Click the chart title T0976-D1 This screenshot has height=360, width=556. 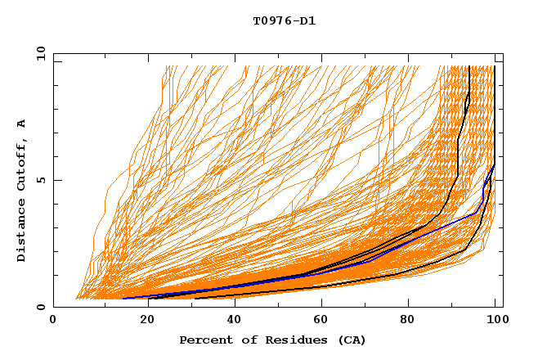(284, 20)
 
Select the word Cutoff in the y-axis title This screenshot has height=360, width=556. (22, 164)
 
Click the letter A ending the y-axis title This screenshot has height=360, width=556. (22, 124)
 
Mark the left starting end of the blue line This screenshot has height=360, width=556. (123, 298)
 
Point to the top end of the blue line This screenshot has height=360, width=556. (494, 165)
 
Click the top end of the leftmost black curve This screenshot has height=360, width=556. (469, 67)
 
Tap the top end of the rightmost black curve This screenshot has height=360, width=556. (495, 67)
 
